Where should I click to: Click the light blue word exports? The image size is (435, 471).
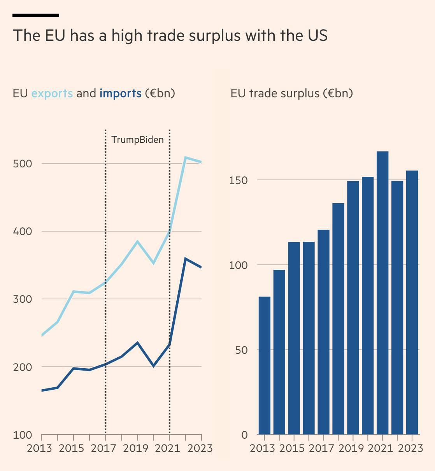coord(52,93)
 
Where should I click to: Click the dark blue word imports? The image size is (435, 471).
coord(121,93)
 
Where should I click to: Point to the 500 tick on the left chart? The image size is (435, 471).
coord(22,163)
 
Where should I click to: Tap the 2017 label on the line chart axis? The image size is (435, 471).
coord(103,448)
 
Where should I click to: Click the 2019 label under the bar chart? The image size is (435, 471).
coord(351,448)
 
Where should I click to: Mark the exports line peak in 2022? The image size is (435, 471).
coord(186,158)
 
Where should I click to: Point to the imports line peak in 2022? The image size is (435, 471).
coord(186,259)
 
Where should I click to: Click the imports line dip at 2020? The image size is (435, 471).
coord(154,366)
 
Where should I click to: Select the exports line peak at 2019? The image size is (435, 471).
coord(137,241)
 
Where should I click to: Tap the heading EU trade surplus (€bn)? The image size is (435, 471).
coord(291,93)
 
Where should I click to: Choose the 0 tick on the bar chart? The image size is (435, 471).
coord(244,435)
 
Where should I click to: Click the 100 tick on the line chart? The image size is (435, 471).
coord(22,435)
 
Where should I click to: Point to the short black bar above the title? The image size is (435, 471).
coord(36,15)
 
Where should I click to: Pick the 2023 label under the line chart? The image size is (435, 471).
coord(200,448)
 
